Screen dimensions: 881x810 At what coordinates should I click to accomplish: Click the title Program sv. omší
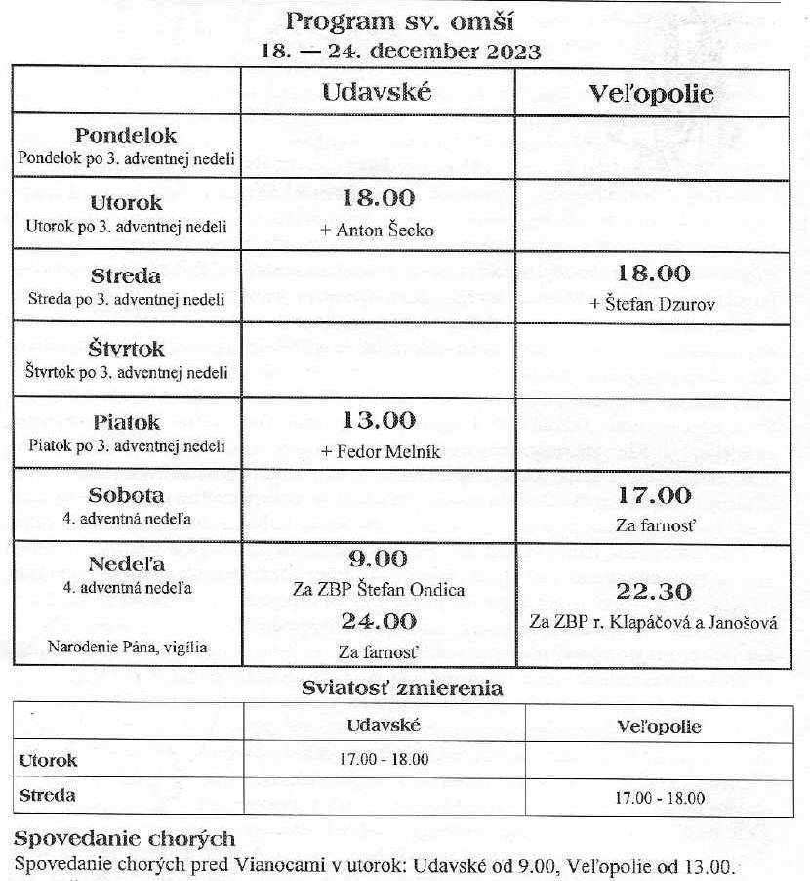tap(401, 22)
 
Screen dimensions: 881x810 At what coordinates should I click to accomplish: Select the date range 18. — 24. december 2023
tap(401, 51)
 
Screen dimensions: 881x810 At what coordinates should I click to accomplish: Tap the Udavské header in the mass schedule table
tap(379, 94)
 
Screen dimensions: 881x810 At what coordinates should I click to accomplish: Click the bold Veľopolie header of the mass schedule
tap(652, 94)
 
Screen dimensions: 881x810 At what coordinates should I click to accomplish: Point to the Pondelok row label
tap(126, 136)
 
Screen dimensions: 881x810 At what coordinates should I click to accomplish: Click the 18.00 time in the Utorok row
tap(379, 198)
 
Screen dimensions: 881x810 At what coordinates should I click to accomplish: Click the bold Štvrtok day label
tap(126, 349)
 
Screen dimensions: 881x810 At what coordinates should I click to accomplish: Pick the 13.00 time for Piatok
tap(379, 421)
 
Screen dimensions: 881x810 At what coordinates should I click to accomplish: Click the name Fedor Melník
tap(379, 453)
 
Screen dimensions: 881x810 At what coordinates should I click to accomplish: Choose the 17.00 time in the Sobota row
tap(654, 495)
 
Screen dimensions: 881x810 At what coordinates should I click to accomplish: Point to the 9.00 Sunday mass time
tap(379, 559)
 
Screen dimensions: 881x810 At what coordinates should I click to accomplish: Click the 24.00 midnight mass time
tap(379, 620)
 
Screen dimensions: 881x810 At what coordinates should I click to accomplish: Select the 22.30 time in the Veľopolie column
tap(654, 591)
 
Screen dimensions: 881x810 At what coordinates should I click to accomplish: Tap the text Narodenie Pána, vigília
tap(130, 646)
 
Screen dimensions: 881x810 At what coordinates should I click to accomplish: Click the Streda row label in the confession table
tap(48, 795)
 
